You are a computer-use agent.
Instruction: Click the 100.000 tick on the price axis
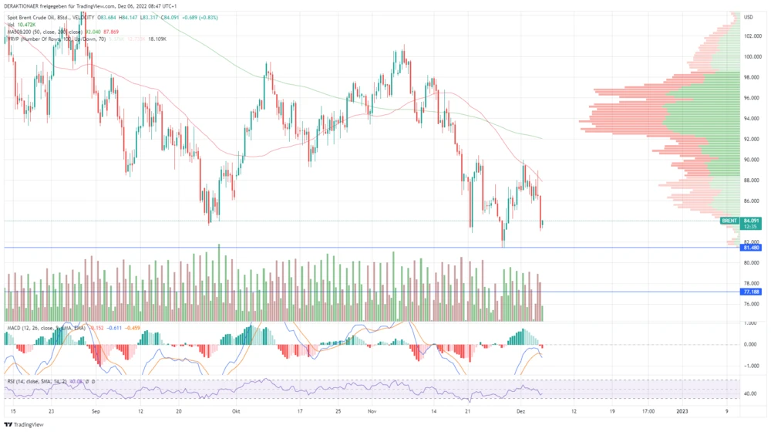pyautogui.click(x=752, y=56)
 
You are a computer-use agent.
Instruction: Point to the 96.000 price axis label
pyautogui.click(x=752, y=98)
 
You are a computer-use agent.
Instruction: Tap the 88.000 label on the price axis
pyautogui.click(x=752, y=181)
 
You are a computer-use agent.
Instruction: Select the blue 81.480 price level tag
pyautogui.click(x=752, y=248)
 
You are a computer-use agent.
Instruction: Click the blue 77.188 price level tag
pyautogui.click(x=752, y=292)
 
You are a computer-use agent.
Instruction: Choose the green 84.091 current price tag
pyautogui.click(x=752, y=221)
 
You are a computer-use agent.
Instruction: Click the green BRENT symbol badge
pyautogui.click(x=729, y=221)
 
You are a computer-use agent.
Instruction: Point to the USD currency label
pyautogui.click(x=748, y=17)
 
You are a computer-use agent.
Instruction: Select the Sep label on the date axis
pyautogui.click(x=96, y=412)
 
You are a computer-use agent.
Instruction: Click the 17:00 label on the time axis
pyautogui.click(x=649, y=412)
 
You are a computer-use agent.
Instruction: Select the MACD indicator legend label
pyautogui.click(x=12, y=328)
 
